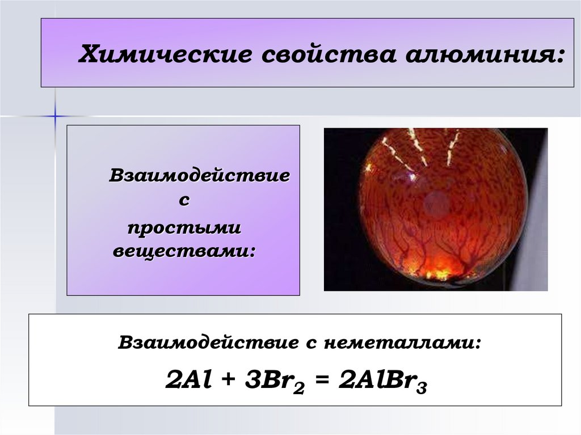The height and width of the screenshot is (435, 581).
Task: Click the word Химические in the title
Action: (x=165, y=54)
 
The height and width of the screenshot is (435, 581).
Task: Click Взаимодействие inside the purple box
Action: (x=199, y=175)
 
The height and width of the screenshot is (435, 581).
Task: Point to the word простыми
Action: (x=184, y=227)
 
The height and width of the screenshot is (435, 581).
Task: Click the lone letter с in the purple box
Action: (x=184, y=200)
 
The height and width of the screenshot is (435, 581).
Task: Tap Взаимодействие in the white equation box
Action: (x=208, y=343)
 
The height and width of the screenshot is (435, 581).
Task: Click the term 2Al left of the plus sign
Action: (x=188, y=380)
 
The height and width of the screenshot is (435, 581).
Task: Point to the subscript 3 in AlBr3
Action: (x=422, y=388)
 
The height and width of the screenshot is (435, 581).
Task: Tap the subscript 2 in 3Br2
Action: (x=298, y=388)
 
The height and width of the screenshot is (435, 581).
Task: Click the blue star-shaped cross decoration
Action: (x=55, y=116)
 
